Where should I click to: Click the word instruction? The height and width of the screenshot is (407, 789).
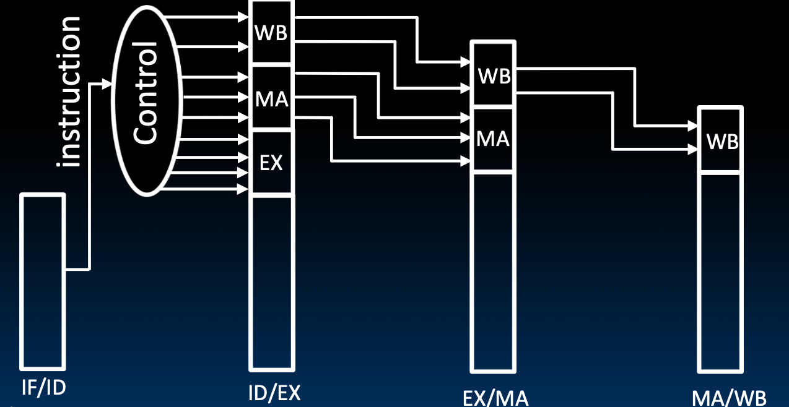tap(68, 92)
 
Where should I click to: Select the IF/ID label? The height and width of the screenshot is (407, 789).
tap(43, 387)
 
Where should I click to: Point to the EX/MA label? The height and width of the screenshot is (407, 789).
tap(495, 396)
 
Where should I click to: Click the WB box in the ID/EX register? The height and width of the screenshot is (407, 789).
tap(271, 33)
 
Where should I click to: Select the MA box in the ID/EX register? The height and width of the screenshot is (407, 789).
tap(271, 98)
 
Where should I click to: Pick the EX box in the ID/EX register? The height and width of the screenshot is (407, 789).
tap(271, 163)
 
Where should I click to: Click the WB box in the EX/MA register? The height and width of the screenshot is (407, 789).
tap(494, 76)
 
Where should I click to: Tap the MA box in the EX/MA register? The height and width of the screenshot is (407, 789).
tap(493, 139)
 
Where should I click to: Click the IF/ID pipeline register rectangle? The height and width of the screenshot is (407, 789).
tap(43, 281)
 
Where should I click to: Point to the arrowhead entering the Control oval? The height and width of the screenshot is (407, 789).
tap(108, 84)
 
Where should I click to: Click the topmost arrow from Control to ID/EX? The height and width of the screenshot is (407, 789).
tap(207, 17)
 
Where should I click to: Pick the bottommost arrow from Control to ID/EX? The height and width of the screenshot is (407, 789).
tap(207, 188)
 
